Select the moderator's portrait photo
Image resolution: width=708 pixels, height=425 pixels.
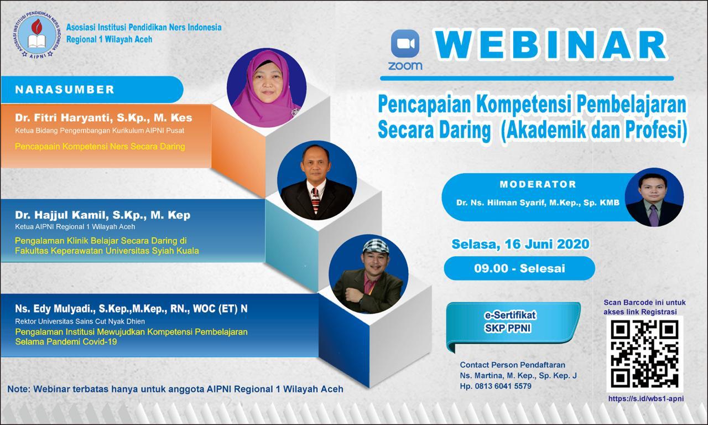(x=653, y=198)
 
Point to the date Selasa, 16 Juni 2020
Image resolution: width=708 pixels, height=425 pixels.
(x=520, y=243)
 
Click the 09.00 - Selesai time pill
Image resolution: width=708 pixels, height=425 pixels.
(x=520, y=269)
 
